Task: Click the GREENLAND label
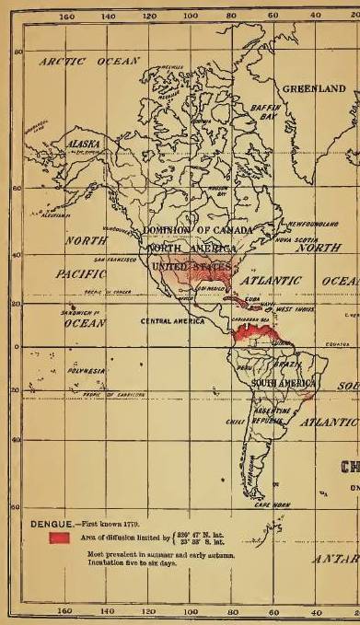pyautogui.click(x=314, y=89)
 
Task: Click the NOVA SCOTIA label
pyautogui.click(x=287, y=238)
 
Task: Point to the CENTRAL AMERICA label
pyautogui.click(x=170, y=322)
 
